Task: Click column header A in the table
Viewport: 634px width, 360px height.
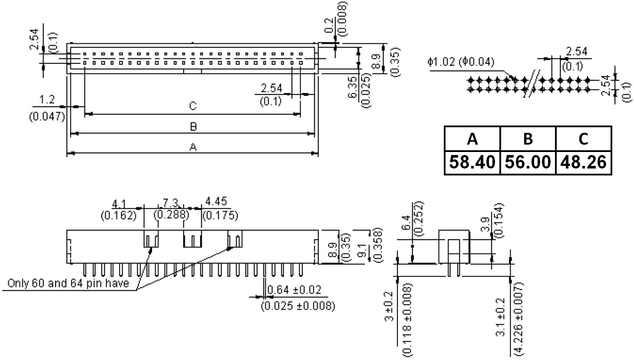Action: (x=472, y=139)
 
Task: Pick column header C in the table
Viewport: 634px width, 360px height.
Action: (x=583, y=139)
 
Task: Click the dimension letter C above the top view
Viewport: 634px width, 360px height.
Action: (x=193, y=106)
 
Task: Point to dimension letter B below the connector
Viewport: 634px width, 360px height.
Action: (x=193, y=126)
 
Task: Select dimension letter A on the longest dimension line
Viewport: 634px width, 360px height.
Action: (x=193, y=147)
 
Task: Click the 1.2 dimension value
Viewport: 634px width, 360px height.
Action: (x=47, y=99)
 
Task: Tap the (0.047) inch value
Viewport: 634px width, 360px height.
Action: (x=47, y=116)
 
